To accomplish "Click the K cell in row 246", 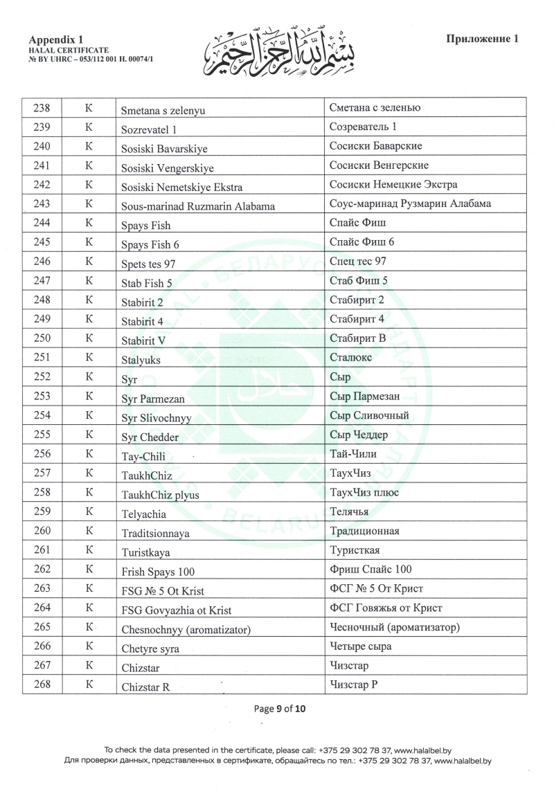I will pyautogui.click(x=89, y=262).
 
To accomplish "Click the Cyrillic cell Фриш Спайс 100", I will pyautogui.click(x=370, y=570).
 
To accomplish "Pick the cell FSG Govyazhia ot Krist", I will pyautogui.click(x=176, y=610).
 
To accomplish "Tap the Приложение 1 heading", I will pyautogui.click(x=483, y=39).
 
